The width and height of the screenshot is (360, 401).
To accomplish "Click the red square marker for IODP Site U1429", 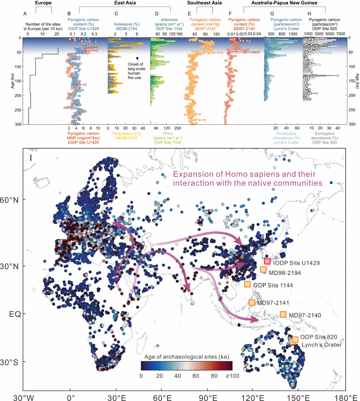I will click(x=267, y=261).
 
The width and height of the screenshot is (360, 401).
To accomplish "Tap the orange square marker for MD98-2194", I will click(x=263, y=270).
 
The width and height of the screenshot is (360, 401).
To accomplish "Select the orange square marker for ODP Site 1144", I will click(x=247, y=284).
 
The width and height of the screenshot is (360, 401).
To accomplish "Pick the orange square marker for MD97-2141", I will click(x=252, y=303).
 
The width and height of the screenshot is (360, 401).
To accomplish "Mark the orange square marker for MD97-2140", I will click(x=283, y=315).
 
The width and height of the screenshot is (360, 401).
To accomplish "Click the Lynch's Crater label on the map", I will click(x=321, y=345).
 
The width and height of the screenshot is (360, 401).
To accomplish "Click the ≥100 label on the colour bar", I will click(x=233, y=376).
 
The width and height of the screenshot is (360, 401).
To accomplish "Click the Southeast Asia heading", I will click(x=204, y=3).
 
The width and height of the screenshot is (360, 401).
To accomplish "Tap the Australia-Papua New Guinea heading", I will click(x=284, y=3).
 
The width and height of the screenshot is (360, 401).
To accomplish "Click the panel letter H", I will click(x=309, y=14).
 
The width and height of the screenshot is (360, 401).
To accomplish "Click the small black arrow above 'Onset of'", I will click(x=137, y=58).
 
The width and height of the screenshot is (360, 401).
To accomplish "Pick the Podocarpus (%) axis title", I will click(x=127, y=133).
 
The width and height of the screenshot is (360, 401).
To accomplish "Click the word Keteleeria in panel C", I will click(x=122, y=24).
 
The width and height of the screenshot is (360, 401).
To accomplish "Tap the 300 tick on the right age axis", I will click(x=351, y=124).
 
